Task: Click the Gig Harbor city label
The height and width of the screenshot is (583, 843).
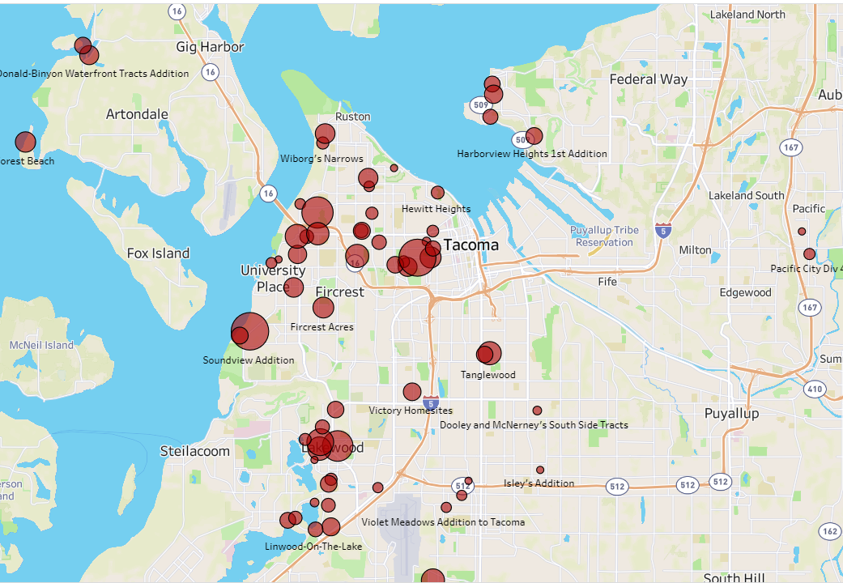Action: pos(210,47)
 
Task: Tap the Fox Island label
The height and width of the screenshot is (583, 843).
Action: pos(158,253)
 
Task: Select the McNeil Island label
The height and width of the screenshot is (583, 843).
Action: pos(41,345)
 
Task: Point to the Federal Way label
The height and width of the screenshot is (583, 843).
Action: pos(648,79)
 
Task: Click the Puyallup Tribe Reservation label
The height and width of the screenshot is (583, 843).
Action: pos(604,236)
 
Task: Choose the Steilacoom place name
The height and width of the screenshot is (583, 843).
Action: pos(194,451)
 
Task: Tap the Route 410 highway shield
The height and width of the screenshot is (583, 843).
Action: pos(814,389)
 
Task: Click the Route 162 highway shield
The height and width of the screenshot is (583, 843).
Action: pos(829,531)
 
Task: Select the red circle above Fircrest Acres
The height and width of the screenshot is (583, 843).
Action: pos(323,308)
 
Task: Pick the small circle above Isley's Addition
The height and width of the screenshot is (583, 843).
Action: pos(540,470)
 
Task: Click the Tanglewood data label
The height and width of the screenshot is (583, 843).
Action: pos(487,375)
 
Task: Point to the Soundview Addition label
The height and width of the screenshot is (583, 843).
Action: pos(249,360)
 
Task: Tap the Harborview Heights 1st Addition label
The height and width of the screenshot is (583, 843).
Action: pos(531,154)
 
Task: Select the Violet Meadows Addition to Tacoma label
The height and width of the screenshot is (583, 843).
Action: pos(443,522)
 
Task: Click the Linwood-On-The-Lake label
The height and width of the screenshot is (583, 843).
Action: pos(313,547)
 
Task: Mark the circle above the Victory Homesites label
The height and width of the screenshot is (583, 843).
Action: pos(412,392)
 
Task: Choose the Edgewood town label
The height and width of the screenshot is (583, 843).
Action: pos(745,292)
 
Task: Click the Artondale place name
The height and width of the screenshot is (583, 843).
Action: pos(137,114)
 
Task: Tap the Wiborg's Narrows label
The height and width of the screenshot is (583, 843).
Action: pos(321,159)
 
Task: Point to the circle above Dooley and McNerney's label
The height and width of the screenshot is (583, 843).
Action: pos(537,411)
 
